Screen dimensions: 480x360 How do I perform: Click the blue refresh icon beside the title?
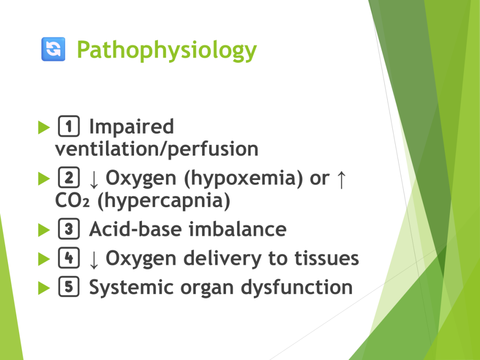coord(53,49)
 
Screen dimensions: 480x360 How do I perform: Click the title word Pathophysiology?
coord(166,50)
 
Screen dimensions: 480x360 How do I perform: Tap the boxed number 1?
coord(69,126)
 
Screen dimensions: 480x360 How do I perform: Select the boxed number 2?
coord(69,177)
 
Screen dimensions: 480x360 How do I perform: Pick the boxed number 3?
coord(69,229)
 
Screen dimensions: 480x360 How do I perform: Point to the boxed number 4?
coord(69,257)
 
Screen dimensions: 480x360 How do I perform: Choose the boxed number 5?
coord(69,286)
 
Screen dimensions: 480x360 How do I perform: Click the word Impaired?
coord(131,127)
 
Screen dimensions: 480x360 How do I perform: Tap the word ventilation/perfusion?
coord(157,150)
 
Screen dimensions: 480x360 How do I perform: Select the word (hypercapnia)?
coord(164,201)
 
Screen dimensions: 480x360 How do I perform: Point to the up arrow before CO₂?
coord(341,180)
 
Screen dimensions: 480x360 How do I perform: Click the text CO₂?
coord(72,200)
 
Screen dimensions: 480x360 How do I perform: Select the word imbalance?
coord(237,229)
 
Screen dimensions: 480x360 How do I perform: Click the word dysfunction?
coord(297,288)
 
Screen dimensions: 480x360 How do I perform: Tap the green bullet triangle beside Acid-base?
coord(44,230)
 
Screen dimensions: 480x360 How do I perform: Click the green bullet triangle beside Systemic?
coord(44,288)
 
